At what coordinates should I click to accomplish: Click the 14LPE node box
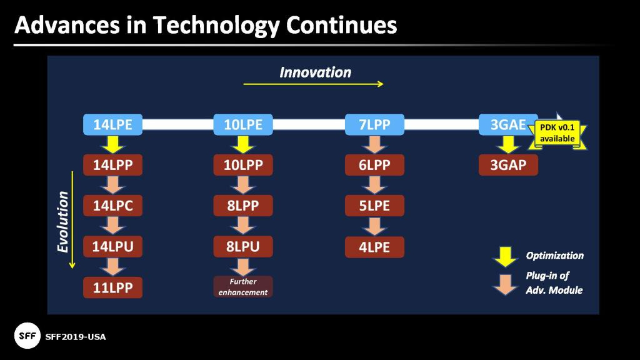pos(112,124)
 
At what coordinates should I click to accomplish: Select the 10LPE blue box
pos(243,124)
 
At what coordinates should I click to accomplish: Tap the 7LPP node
pos(374,124)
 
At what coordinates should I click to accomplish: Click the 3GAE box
pos(507,124)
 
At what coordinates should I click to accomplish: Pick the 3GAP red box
pos(507,165)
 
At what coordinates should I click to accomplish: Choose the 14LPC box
pos(112,206)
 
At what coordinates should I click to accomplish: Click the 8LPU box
pos(243,246)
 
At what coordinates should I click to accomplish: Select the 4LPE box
pos(374,246)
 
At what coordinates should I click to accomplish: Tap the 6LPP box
pos(374,165)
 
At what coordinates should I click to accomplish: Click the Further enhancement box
pos(243,287)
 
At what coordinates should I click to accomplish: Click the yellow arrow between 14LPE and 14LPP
pos(112,144)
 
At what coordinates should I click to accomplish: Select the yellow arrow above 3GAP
pos(507,144)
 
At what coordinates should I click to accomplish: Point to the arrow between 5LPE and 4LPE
pos(374,226)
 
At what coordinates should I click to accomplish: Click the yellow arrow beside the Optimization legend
pos(505,256)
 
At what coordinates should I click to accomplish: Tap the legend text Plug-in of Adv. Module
pos(554,282)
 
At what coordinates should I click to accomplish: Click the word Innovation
pos(315,72)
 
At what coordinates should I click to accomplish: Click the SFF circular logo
pos(27,337)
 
